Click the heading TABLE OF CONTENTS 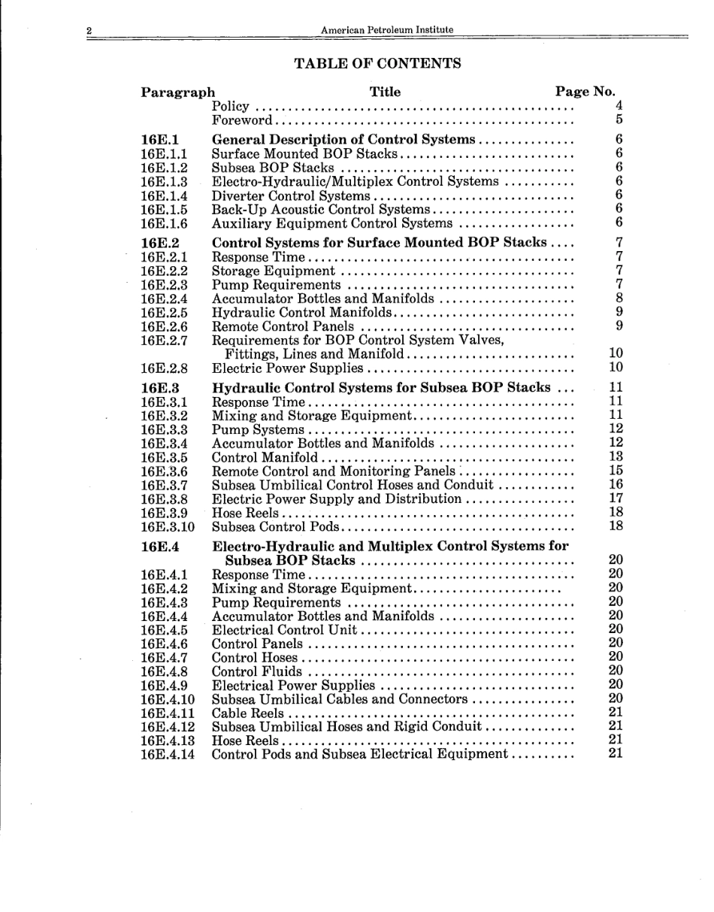pyautogui.click(x=377, y=63)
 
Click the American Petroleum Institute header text pyautogui.click(x=386, y=30)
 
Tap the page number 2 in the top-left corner pyautogui.click(x=89, y=31)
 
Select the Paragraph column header pyautogui.click(x=177, y=92)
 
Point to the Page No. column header pyautogui.click(x=585, y=92)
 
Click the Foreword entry pyautogui.click(x=242, y=120)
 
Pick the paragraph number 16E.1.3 pyautogui.click(x=164, y=181)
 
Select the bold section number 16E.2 pyautogui.click(x=159, y=243)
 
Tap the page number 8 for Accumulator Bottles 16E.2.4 pyautogui.click(x=619, y=298)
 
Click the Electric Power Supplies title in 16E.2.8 pyautogui.click(x=288, y=368)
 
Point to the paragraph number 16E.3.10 pyautogui.click(x=167, y=526)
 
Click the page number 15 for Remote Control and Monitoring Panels pyautogui.click(x=616, y=471)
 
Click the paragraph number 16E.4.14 pyautogui.click(x=167, y=753)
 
